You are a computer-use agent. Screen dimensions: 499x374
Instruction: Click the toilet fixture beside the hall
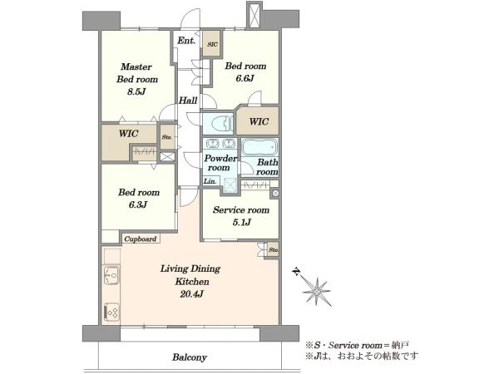click(x=221, y=123)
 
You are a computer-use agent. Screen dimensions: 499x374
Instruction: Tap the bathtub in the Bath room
click(x=259, y=147)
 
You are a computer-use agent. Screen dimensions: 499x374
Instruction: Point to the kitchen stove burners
click(x=111, y=312)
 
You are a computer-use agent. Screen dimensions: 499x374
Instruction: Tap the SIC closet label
click(x=212, y=44)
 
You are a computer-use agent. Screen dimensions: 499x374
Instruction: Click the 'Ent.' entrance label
click(x=186, y=41)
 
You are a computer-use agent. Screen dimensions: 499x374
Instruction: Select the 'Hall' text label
click(x=188, y=101)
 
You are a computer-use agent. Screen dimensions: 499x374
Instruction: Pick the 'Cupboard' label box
click(x=141, y=239)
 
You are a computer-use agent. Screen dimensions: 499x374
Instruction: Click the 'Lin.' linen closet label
click(x=210, y=181)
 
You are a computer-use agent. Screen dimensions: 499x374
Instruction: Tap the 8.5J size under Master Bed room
click(x=136, y=92)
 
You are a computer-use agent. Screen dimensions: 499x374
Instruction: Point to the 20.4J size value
click(x=191, y=294)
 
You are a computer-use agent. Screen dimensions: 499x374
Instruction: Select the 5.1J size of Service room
click(x=241, y=222)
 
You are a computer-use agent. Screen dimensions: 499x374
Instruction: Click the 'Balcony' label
click(x=190, y=357)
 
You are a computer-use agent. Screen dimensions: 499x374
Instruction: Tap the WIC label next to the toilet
click(x=259, y=121)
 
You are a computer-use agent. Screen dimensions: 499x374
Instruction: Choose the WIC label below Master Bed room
click(x=129, y=133)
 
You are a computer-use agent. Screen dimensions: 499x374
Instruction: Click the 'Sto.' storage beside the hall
click(x=167, y=137)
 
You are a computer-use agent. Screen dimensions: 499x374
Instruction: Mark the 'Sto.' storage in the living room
click(x=274, y=249)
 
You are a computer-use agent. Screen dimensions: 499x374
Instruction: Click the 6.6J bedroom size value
click(x=245, y=78)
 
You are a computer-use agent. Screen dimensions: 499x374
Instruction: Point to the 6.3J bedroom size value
click(x=138, y=204)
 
